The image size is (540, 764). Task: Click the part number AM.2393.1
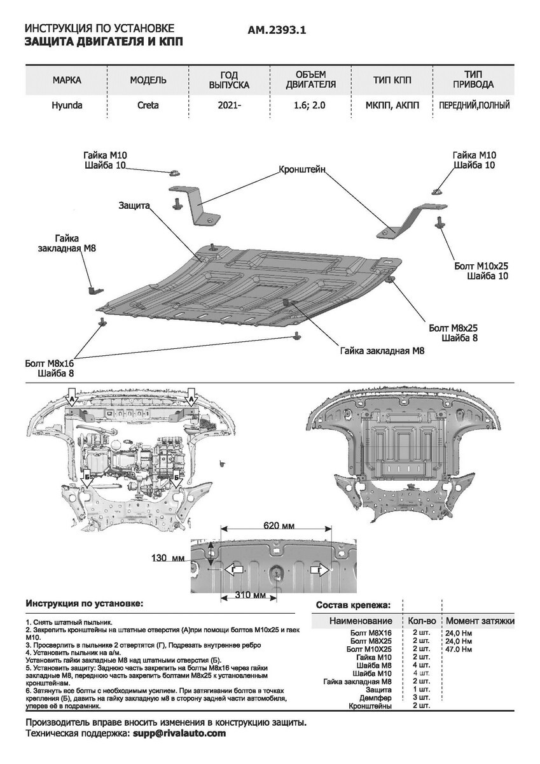[277, 31]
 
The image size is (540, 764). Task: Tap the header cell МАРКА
[67, 80]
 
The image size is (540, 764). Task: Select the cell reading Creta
[148, 105]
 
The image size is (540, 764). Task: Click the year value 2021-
[229, 105]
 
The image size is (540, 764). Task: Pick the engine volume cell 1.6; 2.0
[309, 105]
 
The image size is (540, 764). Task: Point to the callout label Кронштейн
[302, 169]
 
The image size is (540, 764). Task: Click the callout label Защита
[134, 206]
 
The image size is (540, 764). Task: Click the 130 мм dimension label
[168, 558]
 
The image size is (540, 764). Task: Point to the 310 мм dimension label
[251, 595]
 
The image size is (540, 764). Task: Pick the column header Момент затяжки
[480, 621]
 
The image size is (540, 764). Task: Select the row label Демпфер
[375, 698]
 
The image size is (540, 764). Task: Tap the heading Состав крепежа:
[353, 605]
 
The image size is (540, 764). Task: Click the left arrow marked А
[73, 397]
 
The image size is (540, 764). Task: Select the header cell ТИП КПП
[392, 80]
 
